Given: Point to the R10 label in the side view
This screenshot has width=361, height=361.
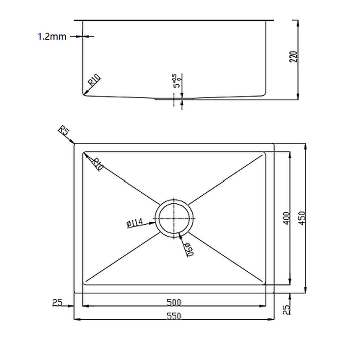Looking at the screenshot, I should point(95,80).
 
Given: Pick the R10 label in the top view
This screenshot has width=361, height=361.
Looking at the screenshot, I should point(97,163).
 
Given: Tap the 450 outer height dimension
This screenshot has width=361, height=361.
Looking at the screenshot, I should point(302,218).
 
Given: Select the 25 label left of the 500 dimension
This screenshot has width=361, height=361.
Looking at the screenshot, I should point(56,302).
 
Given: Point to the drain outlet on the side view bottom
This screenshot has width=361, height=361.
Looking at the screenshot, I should point(174,99).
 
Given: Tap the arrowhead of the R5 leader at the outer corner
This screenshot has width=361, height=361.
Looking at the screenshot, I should point(74,143).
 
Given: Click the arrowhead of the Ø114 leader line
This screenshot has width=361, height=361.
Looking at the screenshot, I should point(156,220).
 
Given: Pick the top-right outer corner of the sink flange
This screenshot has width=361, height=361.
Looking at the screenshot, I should point(274,143).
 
